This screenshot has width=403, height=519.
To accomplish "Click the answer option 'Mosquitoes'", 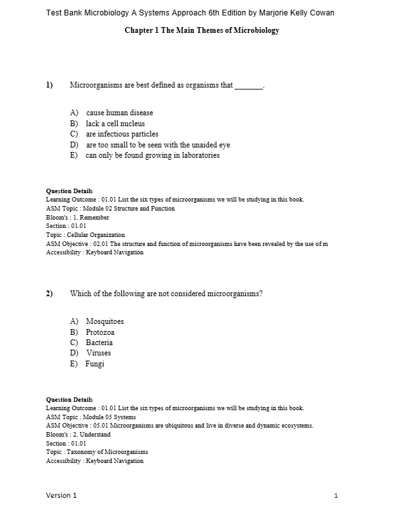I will point(104,321).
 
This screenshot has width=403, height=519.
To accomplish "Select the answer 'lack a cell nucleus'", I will point(115,124).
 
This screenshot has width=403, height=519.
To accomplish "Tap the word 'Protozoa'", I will point(100,332).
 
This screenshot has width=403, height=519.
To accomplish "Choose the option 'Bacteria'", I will point(99,343).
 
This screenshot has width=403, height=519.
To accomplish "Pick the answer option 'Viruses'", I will point(99,353).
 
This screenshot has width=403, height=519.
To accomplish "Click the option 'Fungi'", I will point(95,364).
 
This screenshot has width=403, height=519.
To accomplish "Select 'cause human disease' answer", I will point(119,113).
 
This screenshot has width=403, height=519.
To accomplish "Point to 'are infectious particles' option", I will point(122,134).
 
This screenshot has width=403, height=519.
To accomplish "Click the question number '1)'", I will point(49,85).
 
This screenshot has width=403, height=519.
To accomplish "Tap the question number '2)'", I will point(49,294).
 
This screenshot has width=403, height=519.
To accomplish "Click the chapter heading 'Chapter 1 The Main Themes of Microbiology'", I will point(202,31).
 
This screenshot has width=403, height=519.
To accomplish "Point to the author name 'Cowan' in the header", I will point(320,13).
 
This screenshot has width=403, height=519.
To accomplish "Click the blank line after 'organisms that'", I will point(249,86).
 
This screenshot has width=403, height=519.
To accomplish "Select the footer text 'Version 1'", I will point(61,495).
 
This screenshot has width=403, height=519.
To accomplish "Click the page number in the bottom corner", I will point(337,495).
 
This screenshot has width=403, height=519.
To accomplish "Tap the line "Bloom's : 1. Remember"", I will point(77,218).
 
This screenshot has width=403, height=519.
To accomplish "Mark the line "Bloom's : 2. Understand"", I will point(78,435).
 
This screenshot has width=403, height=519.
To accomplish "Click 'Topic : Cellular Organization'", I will point(85,235).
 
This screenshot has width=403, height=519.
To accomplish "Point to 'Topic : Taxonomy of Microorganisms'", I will point(97,452).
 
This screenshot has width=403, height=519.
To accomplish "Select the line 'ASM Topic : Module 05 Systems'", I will point(91,417).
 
